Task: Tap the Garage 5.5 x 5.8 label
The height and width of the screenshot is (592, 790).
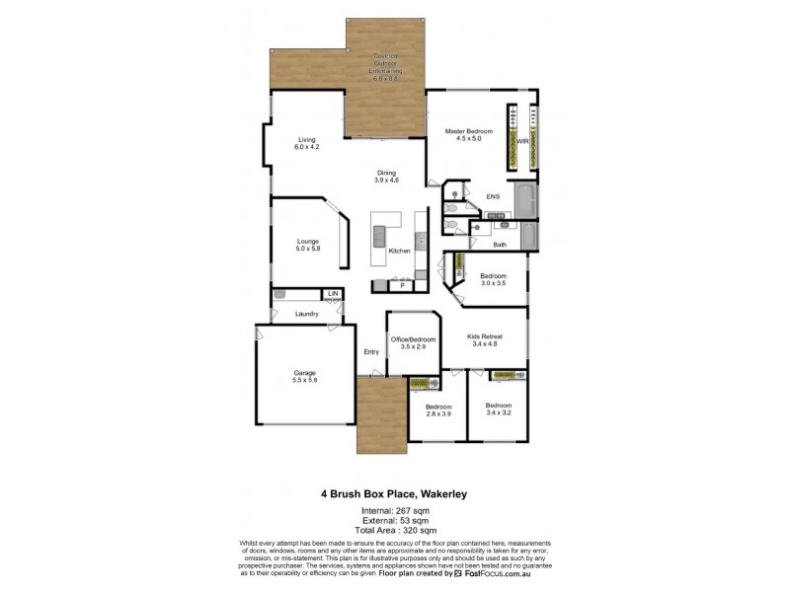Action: (304, 376)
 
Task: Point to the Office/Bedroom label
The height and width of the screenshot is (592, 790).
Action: (412, 343)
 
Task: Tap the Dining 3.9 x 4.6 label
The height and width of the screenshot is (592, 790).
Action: (386, 176)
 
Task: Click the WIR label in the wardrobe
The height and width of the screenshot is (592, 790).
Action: (523, 141)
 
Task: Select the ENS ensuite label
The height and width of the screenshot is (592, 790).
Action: (493, 196)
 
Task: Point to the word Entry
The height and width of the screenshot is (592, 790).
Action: (371, 352)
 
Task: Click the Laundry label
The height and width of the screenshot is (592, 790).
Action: (306, 314)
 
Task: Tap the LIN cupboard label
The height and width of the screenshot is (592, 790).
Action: (333, 294)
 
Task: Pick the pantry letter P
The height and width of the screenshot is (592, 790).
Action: (402, 285)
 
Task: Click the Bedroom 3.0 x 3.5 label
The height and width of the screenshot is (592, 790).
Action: (493, 279)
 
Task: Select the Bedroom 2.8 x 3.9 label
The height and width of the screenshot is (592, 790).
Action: (437, 410)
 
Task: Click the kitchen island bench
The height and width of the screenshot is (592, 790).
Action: (378, 240)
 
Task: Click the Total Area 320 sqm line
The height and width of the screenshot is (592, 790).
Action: (395, 530)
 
